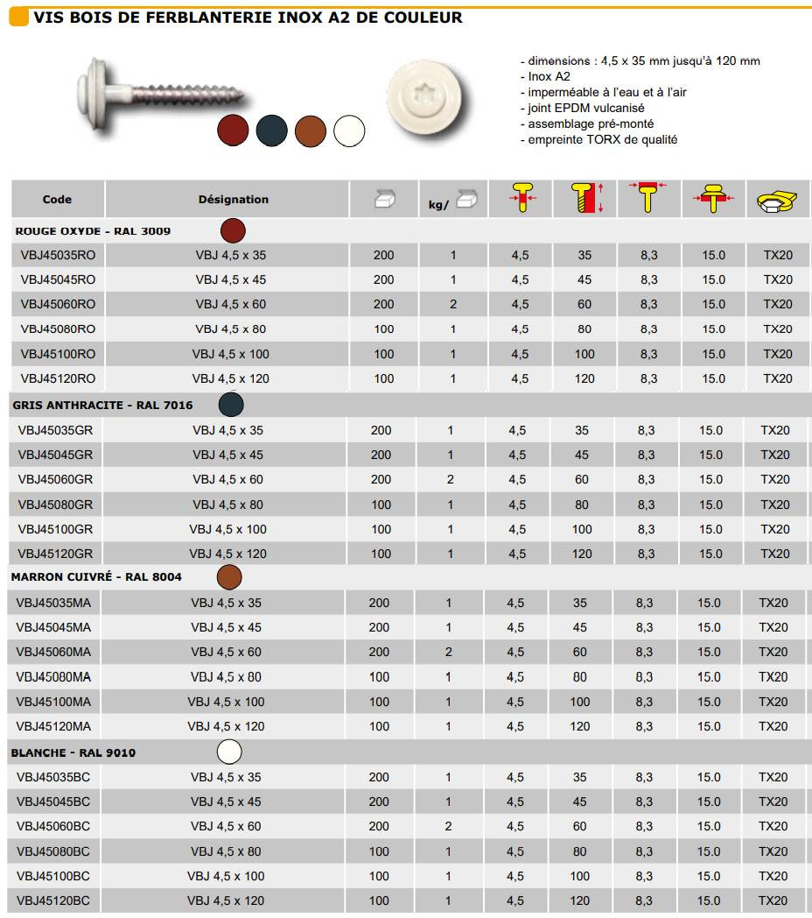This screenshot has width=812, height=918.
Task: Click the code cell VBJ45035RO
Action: [58, 256]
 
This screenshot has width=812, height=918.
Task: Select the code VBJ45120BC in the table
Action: [53, 900]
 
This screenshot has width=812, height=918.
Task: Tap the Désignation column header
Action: [234, 200]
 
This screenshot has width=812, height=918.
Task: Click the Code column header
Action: [58, 200]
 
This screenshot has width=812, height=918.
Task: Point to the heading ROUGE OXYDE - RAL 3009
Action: [94, 231]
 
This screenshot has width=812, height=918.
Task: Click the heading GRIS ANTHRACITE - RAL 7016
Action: [102, 406]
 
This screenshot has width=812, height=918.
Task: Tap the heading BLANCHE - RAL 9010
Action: [73, 752]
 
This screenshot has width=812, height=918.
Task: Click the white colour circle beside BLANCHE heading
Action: [229, 752]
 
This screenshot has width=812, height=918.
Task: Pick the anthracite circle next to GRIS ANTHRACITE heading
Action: [231, 405]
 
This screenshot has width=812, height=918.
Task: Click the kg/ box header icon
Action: [452, 201]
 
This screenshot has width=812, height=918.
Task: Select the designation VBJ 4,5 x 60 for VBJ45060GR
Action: [227, 480]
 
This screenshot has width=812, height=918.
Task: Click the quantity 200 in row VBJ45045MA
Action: [380, 627]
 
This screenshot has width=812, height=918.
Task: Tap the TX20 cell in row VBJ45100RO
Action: [777, 354]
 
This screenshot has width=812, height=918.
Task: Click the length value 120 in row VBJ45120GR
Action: [582, 554]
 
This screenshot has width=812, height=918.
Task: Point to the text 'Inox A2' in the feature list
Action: [549, 76]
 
